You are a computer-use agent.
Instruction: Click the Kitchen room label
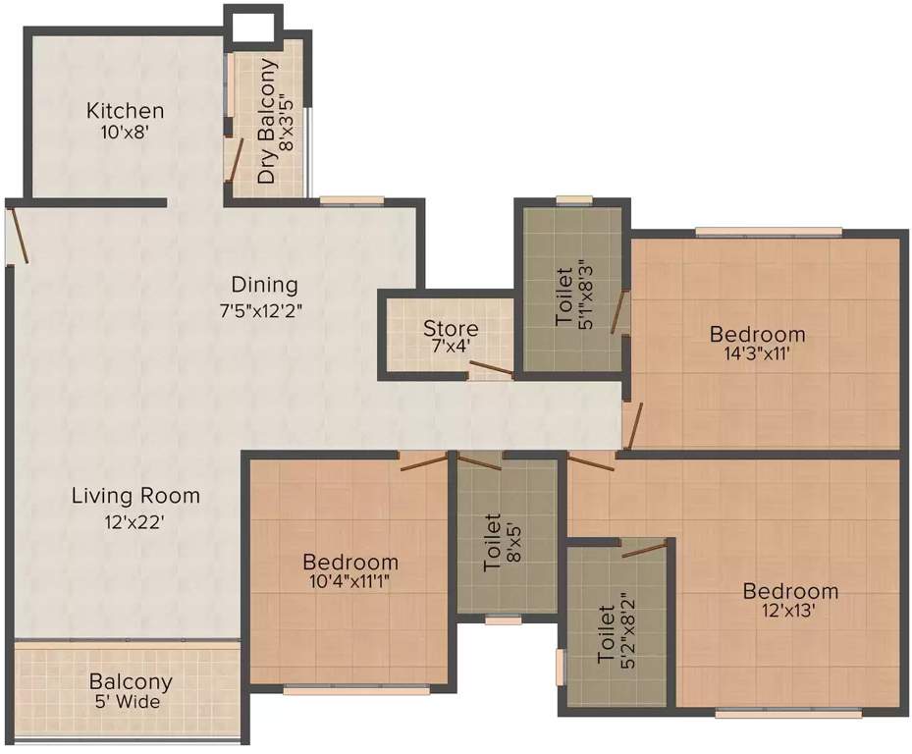click(125, 110)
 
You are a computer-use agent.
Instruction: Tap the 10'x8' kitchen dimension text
click(125, 132)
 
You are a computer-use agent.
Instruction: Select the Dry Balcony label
click(267, 122)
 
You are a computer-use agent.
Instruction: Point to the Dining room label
click(264, 285)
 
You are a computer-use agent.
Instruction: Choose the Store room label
click(451, 328)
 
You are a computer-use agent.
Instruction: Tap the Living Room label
click(135, 496)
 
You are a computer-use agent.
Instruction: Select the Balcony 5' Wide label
click(131, 690)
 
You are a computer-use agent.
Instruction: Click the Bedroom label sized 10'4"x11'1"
click(350, 563)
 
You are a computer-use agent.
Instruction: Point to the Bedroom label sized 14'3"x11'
click(757, 335)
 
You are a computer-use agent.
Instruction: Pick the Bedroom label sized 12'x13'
click(790, 591)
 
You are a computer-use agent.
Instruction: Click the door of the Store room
click(488, 369)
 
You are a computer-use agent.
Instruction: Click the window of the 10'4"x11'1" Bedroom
click(355, 689)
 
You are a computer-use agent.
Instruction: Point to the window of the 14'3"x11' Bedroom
click(769, 232)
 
